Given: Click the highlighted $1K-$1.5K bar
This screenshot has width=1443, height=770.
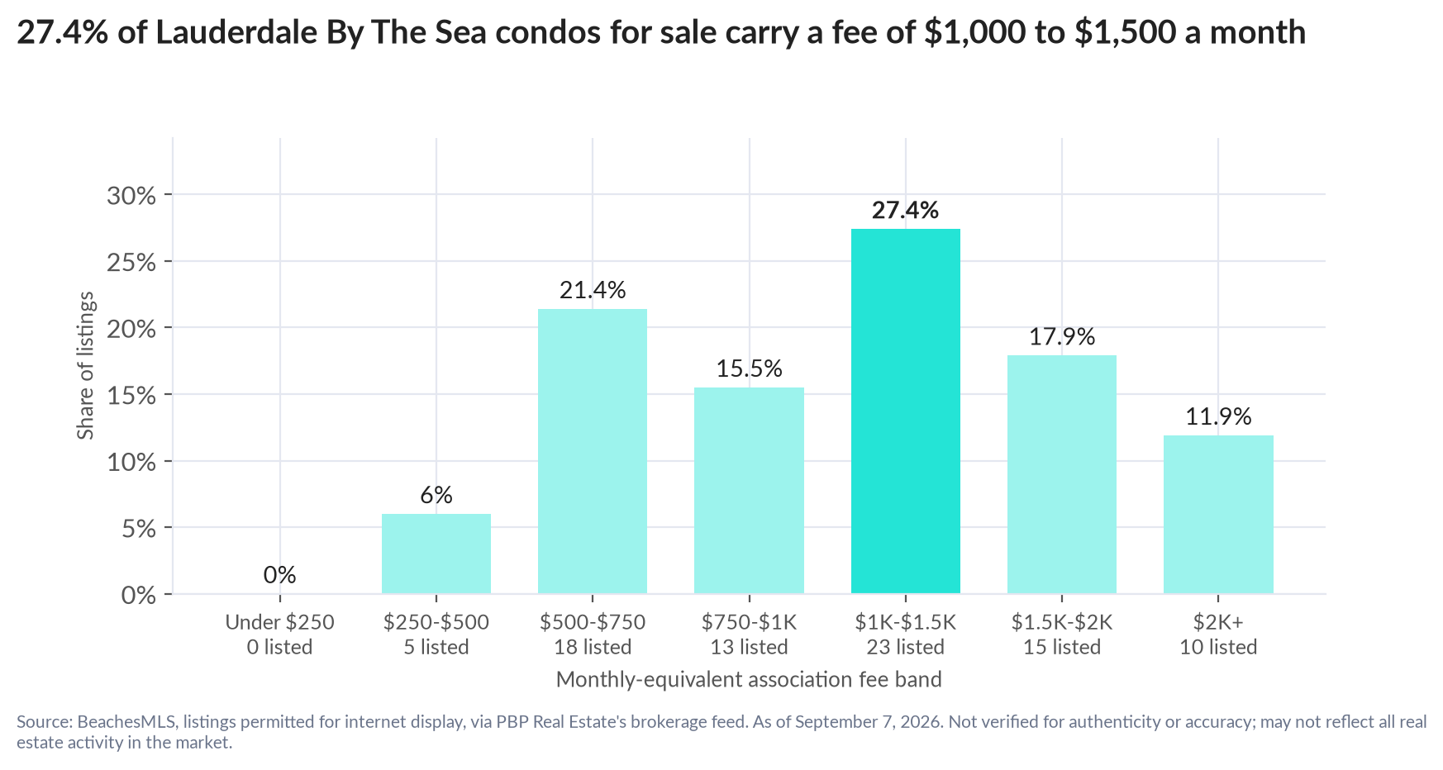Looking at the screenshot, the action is [905, 411].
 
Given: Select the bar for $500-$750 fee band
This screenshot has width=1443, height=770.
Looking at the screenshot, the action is [593, 451].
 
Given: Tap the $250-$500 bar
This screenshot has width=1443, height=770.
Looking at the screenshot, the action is [436, 554].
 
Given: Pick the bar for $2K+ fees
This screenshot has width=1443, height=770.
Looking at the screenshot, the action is [1218, 514].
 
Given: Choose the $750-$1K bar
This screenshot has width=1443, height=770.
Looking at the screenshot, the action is [749, 490].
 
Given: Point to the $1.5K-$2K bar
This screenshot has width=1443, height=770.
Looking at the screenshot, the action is [1062, 474].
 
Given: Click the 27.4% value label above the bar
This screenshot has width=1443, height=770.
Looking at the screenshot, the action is [905, 210].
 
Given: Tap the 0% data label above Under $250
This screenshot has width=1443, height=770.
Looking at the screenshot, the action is [280, 574].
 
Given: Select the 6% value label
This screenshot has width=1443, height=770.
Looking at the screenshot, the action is [436, 495].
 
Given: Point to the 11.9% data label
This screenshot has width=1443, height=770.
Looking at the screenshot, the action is [1218, 416].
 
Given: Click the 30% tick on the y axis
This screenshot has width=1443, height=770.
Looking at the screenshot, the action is [131, 196].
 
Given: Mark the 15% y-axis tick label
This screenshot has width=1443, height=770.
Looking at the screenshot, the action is [131, 396].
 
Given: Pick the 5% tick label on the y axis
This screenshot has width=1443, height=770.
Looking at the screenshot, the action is [139, 529].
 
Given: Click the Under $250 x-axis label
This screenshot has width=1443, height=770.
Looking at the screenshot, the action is [280, 622].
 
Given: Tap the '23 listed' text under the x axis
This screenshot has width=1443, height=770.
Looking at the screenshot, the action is [905, 647].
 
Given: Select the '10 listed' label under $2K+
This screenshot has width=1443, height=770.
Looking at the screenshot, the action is [1218, 647].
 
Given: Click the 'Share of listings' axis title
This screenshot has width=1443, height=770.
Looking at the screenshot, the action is [86, 366].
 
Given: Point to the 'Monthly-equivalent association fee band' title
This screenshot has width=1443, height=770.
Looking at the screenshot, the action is [749, 680].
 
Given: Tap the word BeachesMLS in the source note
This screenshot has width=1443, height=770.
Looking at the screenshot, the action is [126, 721].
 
